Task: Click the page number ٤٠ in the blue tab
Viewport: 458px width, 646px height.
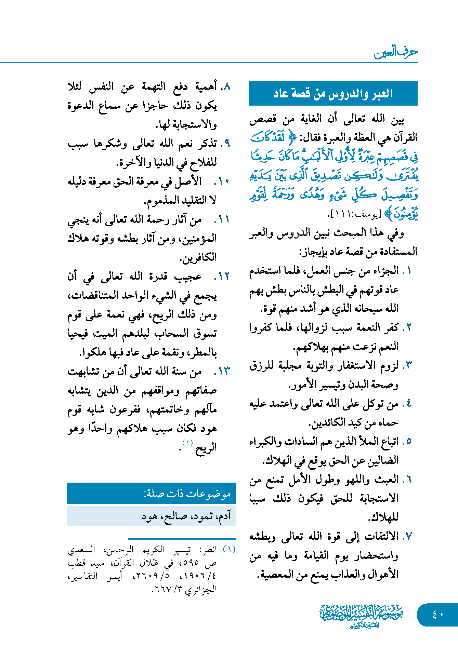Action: click(438, 615)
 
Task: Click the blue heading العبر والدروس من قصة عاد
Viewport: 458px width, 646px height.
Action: click(333, 93)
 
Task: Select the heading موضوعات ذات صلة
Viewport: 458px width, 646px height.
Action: click(187, 494)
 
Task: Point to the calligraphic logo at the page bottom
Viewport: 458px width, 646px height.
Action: click(362, 616)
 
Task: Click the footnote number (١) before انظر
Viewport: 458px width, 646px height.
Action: click(229, 549)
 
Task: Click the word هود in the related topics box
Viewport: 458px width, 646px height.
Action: click(149, 516)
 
